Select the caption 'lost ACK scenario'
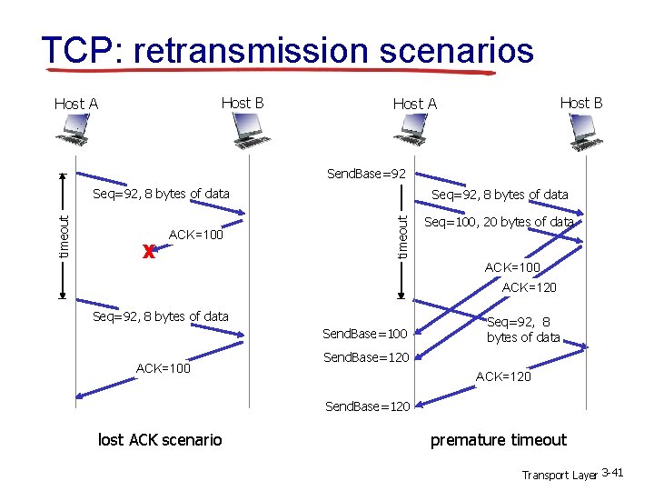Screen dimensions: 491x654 160,440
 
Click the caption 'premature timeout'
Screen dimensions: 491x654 498,440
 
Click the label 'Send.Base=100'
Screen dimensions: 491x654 365,335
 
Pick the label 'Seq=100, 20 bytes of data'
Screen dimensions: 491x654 499,222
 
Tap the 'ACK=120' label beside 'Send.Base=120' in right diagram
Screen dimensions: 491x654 503,376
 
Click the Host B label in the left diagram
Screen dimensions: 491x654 243,103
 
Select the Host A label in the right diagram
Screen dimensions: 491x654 414,104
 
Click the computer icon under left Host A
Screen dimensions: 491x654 73,133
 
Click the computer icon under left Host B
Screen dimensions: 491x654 247,133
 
